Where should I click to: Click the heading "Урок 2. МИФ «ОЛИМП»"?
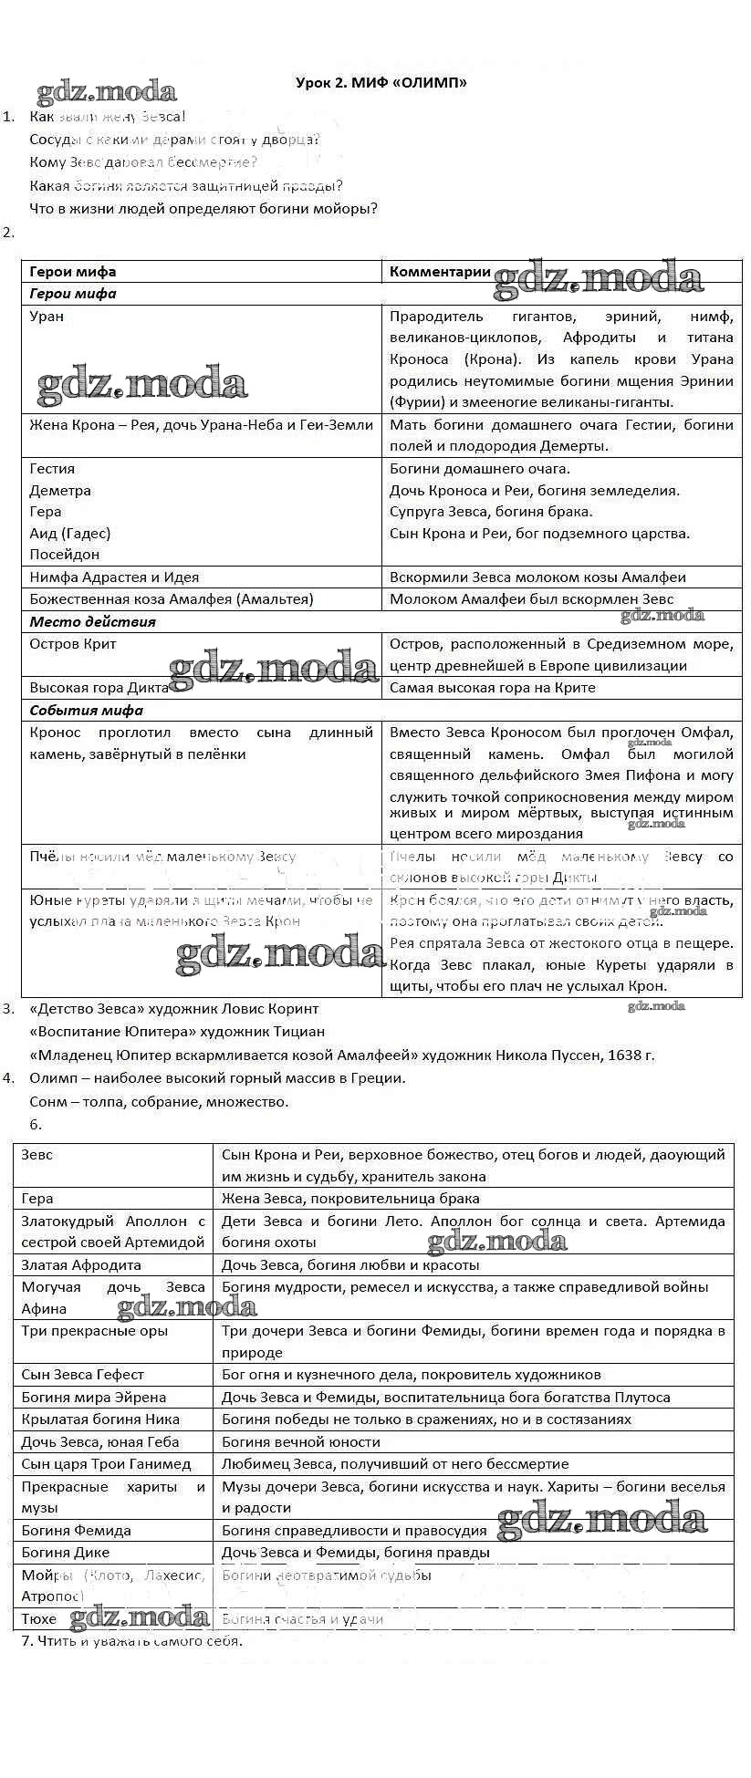[x=381, y=83]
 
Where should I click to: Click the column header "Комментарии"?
[x=440, y=272]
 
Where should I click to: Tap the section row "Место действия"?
[x=92, y=622]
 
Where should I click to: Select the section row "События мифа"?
[x=86, y=711]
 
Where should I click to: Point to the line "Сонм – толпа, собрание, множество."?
[x=159, y=1101]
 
